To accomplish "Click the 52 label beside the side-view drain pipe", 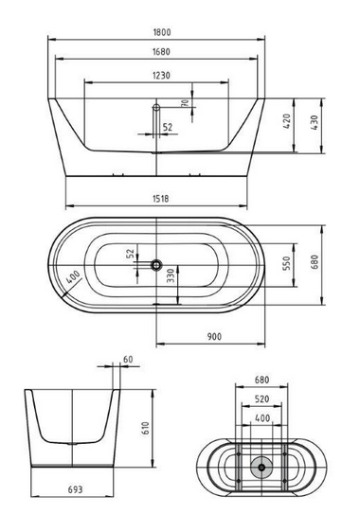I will click(167, 126).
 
